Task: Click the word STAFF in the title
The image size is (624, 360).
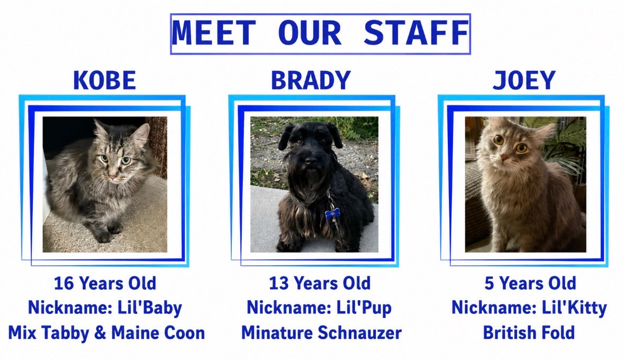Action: [417, 33]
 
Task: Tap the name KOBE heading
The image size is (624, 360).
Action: [105, 80]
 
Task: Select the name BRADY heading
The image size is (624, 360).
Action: [311, 80]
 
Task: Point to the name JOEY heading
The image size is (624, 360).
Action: [524, 80]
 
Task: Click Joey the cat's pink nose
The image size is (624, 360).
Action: [504, 158]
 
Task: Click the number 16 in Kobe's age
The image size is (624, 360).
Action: [64, 284]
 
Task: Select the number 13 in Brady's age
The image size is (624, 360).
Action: [279, 284]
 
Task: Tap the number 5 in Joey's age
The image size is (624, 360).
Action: [489, 284]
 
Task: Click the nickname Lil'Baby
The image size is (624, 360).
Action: [150, 308]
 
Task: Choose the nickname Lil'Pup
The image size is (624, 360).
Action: [364, 308]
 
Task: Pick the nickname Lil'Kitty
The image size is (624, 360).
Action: [574, 308]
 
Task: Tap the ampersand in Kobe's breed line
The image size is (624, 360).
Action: [100, 333]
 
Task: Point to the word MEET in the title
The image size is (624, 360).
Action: [214, 33]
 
